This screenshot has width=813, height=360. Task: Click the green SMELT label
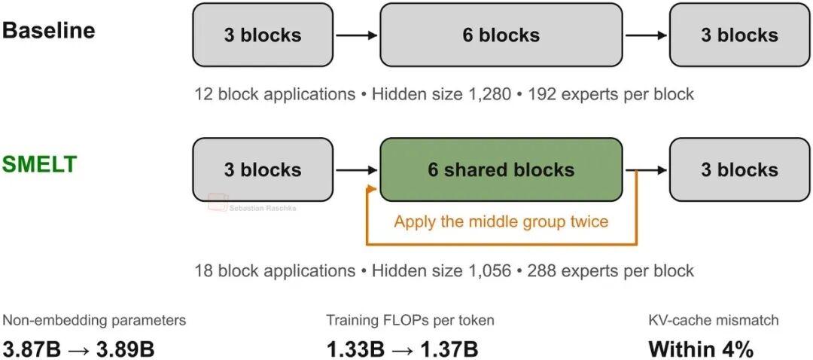tap(40, 164)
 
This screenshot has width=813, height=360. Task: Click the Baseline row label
tap(49, 30)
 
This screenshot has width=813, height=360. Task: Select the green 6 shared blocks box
tap(501, 169)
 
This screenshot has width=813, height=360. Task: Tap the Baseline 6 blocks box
tap(501, 35)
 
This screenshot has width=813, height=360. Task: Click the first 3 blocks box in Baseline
tap(263, 35)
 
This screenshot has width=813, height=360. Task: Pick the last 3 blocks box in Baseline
tap(739, 35)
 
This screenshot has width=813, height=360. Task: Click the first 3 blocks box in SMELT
tap(263, 169)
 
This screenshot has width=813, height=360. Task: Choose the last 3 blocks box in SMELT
tap(739, 169)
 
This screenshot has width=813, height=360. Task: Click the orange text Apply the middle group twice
tap(501, 221)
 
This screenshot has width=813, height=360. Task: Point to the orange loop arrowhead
tap(370, 191)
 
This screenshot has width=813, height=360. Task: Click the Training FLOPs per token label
tap(410, 321)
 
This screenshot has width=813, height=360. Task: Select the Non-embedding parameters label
tap(94, 321)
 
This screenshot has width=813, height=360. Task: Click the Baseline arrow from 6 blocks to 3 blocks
tap(646, 35)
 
